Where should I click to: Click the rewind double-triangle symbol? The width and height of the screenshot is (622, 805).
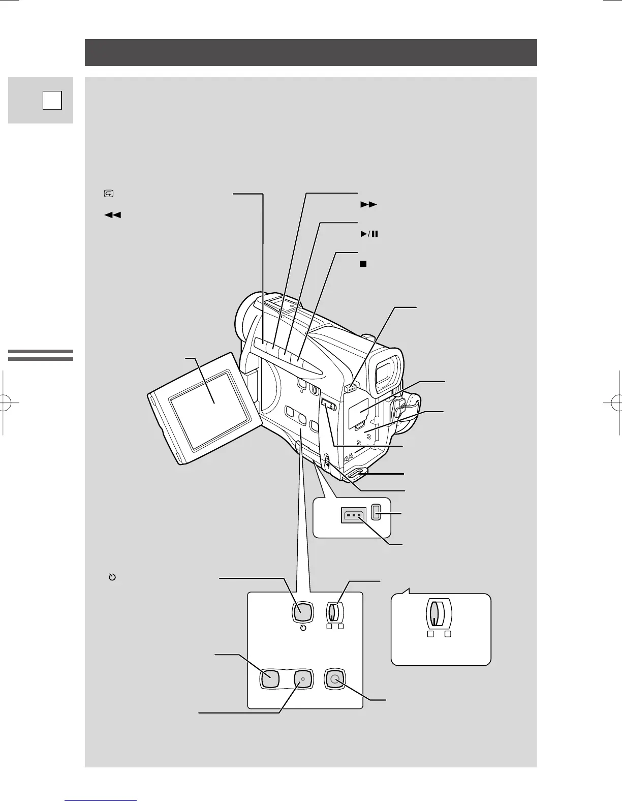click(x=113, y=215)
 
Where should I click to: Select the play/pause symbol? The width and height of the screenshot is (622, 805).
click(x=369, y=234)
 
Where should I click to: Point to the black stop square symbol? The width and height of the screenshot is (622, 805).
click(x=363, y=264)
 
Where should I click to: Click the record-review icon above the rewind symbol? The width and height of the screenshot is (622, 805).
click(x=109, y=194)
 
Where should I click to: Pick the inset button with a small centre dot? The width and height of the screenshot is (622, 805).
click(x=302, y=679)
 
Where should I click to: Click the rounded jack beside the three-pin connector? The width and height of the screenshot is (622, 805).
click(x=377, y=512)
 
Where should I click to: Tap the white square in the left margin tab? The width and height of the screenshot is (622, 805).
click(x=52, y=100)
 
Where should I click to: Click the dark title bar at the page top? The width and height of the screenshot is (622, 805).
click(x=310, y=52)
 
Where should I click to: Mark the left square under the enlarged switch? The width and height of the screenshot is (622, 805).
click(x=430, y=634)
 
